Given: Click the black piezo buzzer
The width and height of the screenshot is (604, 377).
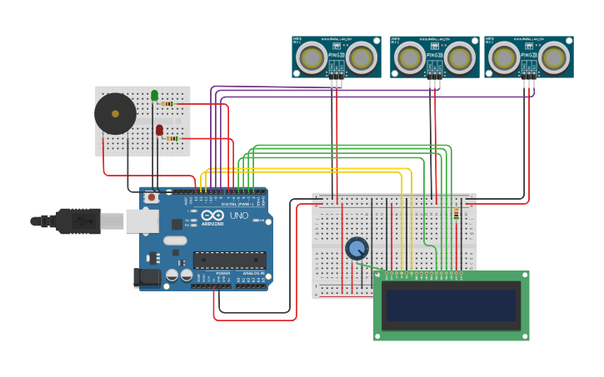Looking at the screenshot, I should coord(115,114).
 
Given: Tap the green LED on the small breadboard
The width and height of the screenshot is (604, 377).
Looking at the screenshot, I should coord(155,96).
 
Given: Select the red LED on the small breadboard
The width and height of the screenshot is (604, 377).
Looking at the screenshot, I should coord(159,130).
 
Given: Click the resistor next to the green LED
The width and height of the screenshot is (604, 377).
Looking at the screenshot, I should coord(167,104).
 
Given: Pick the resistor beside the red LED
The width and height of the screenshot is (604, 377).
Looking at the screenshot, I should coord(172,138).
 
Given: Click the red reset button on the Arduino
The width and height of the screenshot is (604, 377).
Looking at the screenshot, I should coord(152,198).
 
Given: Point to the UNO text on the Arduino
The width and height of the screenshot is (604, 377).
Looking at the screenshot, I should coord(239,216).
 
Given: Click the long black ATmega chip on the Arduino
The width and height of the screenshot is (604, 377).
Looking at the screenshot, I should coord(229,260).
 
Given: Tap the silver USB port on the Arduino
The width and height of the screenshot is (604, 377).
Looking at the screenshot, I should coord(142,221).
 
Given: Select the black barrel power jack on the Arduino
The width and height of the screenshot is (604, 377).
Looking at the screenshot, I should coord(147,278).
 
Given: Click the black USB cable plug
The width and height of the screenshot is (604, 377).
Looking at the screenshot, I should coord(78,221).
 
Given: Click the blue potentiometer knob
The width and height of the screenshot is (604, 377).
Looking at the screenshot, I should coord(357,248).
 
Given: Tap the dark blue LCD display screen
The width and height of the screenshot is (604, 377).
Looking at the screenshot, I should coord(451,305).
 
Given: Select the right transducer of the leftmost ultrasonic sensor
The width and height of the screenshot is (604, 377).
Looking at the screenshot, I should coord(360,57).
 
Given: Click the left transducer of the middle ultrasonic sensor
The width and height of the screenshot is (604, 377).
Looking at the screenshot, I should coord(409,57).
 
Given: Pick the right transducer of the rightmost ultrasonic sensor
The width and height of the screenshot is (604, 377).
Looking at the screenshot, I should coord(552,57).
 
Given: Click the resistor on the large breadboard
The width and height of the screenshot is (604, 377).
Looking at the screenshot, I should coord(456,215).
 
